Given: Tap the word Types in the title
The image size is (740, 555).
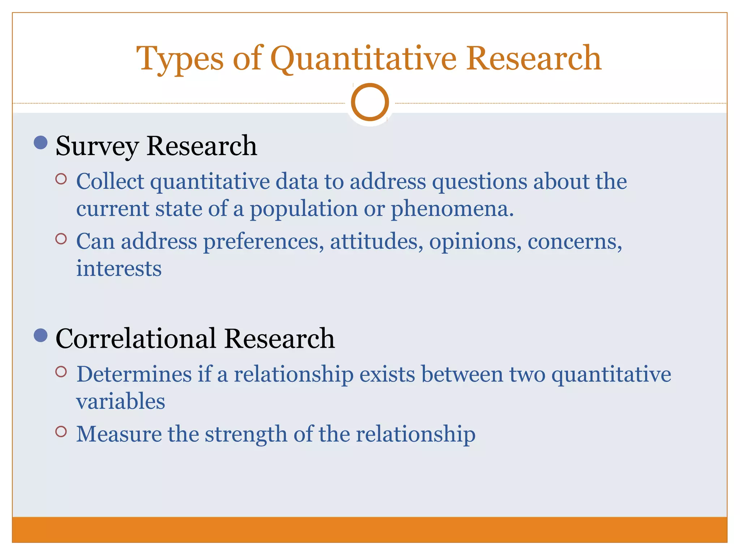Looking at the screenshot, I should (x=180, y=59).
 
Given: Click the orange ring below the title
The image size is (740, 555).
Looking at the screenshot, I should (x=370, y=102).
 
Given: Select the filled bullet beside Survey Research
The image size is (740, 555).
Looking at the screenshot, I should (x=40, y=142).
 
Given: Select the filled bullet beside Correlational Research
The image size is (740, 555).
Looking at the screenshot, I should (x=40, y=335).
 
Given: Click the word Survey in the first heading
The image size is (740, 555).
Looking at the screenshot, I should (x=97, y=146).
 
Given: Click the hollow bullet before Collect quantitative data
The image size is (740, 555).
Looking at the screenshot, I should (x=61, y=179).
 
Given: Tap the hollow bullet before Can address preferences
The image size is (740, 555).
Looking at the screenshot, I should (x=61, y=239).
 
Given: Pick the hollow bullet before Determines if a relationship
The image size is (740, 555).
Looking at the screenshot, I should (x=61, y=371).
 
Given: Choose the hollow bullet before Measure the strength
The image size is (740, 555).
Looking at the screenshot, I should (x=61, y=431).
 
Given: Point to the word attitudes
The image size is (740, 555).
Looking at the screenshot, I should (x=376, y=241).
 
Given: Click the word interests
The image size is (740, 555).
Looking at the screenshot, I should (x=119, y=269).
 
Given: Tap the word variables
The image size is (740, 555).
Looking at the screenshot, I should (x=121, y=401).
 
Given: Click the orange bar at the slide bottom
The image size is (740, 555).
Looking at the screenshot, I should (x=370, y=530).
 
